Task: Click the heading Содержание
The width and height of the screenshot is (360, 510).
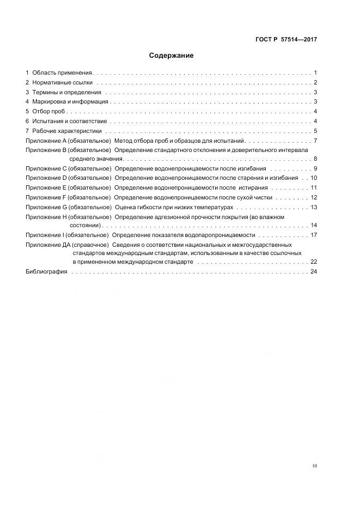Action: tap(171, 56)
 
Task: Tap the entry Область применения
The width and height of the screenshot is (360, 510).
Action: tap(63, 72)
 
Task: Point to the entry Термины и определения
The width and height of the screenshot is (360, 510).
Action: tap(63, 92)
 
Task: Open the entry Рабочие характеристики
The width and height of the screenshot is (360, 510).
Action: tap(66, 131)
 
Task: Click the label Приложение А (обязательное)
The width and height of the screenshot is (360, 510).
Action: tap(68, 141)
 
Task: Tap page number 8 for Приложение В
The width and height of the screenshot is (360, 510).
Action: tap(315, 159)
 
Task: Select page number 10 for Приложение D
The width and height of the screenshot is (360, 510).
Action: tap(313, 178)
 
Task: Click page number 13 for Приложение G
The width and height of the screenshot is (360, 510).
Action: tap(313, 207)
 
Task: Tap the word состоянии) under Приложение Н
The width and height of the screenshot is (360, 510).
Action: tap(85, 225)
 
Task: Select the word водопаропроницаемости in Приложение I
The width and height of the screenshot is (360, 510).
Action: tap(224, 235)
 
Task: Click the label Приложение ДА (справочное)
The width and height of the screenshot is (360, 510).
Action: tap(67, 245)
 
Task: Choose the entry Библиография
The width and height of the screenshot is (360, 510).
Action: tap(46, 272)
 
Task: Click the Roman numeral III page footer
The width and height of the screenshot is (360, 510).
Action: tap(314, 466)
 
